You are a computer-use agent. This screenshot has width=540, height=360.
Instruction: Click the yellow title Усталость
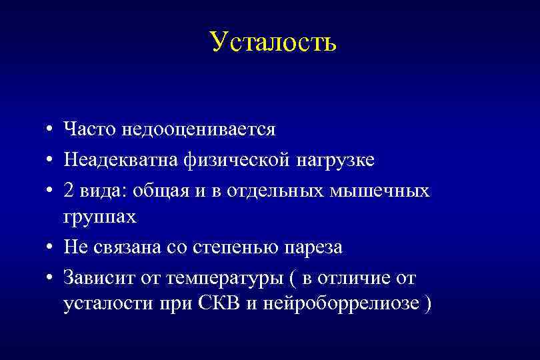click(273, 41)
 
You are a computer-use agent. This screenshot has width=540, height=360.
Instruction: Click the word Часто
click(89, 129)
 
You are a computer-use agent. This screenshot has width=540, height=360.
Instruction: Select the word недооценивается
click(198, 129)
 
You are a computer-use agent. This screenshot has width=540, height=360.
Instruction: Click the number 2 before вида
click(69, 191)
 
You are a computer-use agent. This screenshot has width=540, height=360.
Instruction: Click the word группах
click(100, 217)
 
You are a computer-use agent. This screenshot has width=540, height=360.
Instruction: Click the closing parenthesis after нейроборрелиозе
click(428, 305)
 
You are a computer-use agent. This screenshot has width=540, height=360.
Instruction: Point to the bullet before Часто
click(50, 130)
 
